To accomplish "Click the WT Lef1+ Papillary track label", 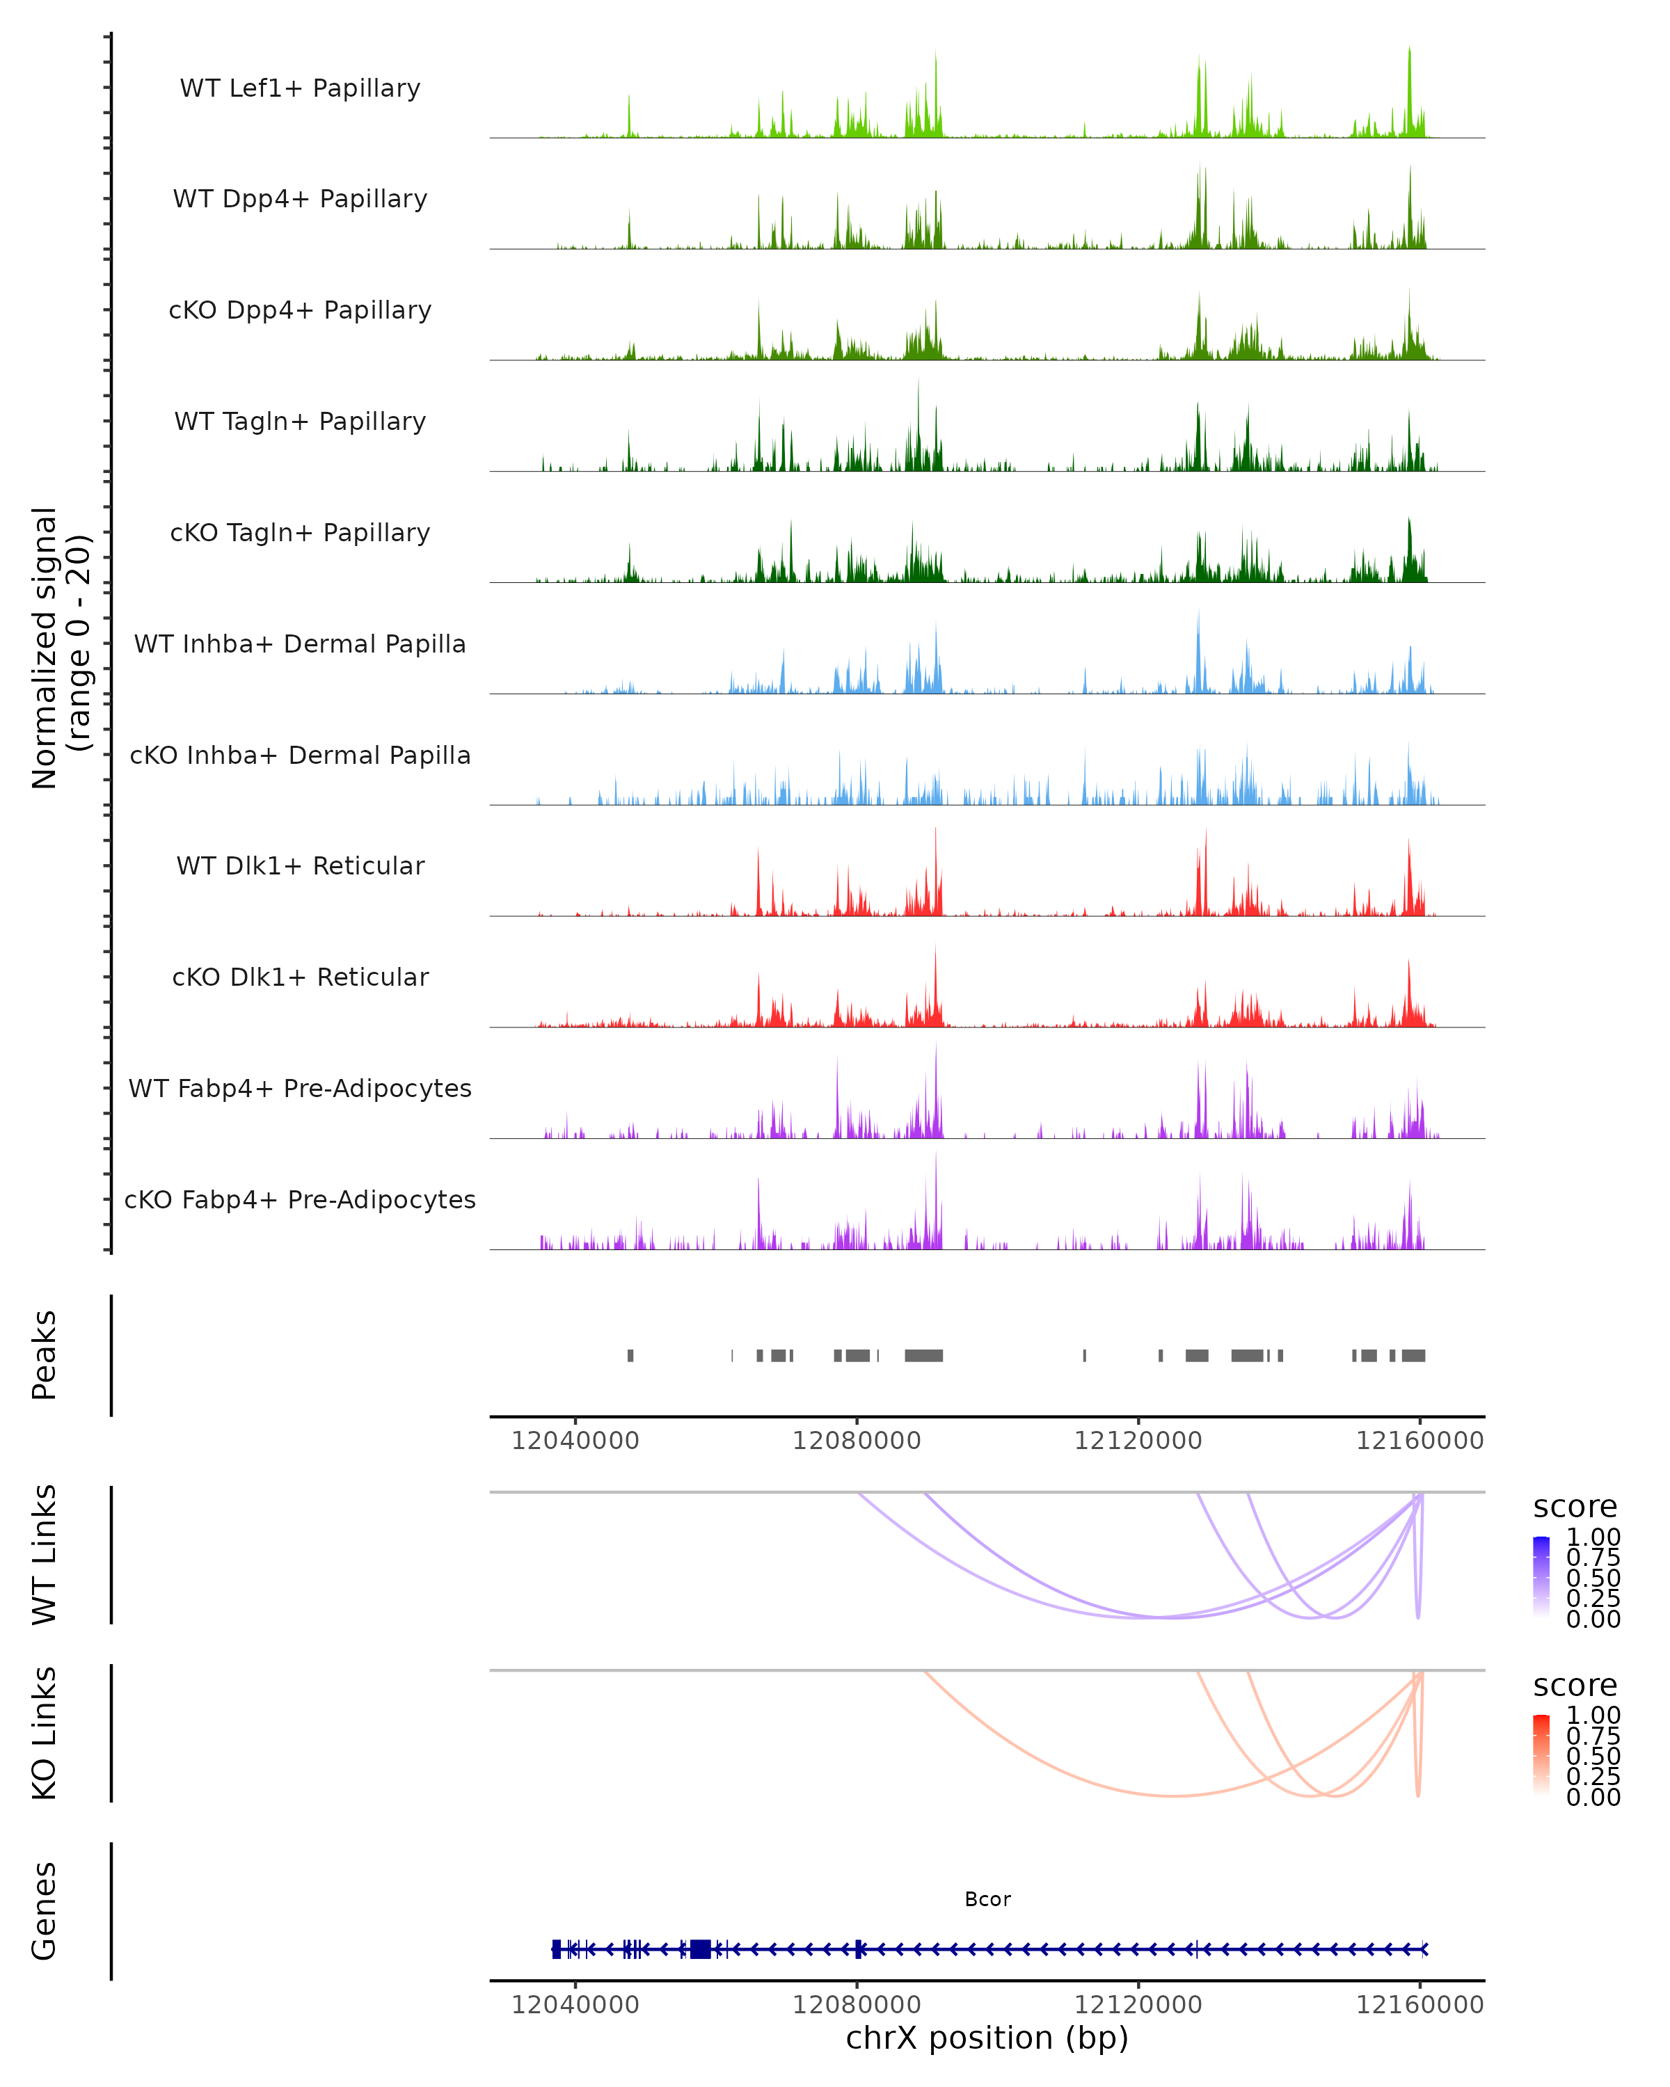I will click(300, 88).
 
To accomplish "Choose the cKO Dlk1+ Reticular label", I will click(300, 977).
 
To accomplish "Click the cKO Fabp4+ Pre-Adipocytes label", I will click(300, 1199).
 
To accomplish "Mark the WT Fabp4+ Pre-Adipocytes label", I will click(300, 1088).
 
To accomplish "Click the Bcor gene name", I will click(987, 1899).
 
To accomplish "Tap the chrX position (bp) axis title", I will click(987, 2038).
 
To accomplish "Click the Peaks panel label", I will click(45, 1355).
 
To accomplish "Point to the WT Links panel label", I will click(45, 1555).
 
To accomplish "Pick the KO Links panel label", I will click(45, 1733).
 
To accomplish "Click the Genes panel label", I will click(45, 1911).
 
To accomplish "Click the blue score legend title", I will click(1575, 1508).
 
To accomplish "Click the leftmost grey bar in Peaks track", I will click(630, 1355).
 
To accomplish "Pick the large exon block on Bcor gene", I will click(700, 1949).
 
